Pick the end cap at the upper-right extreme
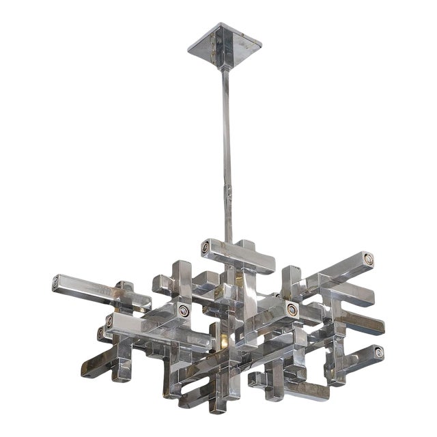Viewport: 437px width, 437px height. pyautogui.click(x=369, y=258)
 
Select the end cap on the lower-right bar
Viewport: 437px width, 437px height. pyautogui.click(x=378, y=353)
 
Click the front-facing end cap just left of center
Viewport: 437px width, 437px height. pyautogui.click(x=183, y=311)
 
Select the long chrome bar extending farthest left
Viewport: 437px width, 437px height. pyautogui.click(x=102, y=290)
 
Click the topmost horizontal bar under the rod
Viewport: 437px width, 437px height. pyautogui.click(x=239, y=256)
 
